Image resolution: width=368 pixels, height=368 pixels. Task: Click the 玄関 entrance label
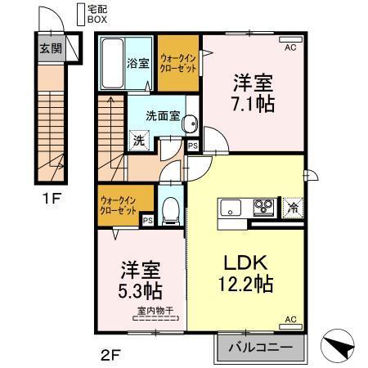tap(49, 47)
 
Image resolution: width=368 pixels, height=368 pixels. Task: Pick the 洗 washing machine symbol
tap(139, 140)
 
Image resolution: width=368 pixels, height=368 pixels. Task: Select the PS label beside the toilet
tap(148, 219)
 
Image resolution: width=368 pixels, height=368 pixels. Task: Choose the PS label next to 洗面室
tap(193, 146)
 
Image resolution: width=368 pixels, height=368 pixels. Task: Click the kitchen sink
tap(230, 205)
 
